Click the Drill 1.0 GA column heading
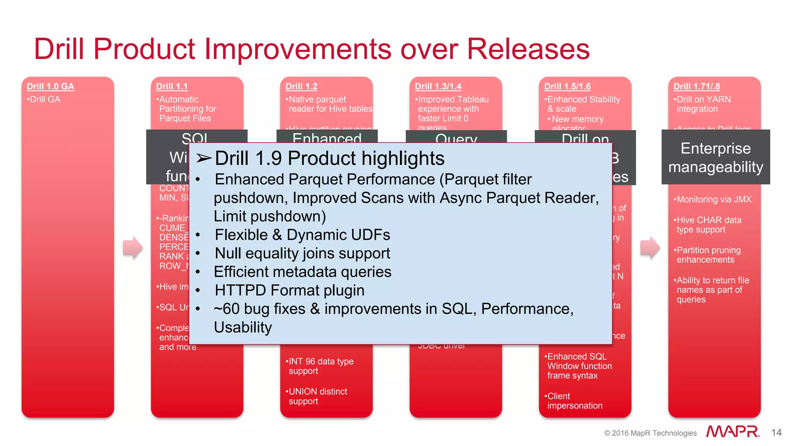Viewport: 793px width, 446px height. pos(50,86)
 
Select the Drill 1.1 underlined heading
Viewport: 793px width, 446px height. pos(172,86)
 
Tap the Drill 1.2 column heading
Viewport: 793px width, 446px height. pos(301,86)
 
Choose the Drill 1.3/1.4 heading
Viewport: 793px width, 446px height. pos(438,86)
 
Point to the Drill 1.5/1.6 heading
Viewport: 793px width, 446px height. pos(567,86)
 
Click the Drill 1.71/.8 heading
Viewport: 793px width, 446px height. pos(697,86)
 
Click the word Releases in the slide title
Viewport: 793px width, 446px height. pos(528,49)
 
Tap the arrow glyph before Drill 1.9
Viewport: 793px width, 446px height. pos(204,158)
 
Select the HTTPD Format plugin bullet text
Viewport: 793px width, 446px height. pos(289,290)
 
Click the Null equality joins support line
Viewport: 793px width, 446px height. pos(302,254)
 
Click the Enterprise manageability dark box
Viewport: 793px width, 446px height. pos(716,158)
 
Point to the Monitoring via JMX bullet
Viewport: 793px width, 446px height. pos(713,199)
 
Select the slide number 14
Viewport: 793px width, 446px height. pos(776,432)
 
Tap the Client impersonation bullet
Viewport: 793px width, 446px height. pos(574,401)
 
